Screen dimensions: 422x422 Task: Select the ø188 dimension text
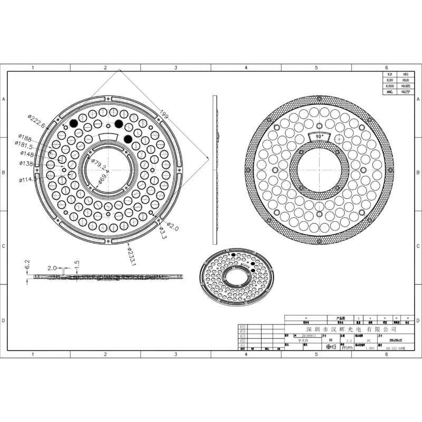[x=26, y=138]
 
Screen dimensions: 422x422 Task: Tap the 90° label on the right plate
[x=319, y=136]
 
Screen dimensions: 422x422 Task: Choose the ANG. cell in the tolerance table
[x=390, y=92]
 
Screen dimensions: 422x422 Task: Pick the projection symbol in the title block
[x=331, y=347]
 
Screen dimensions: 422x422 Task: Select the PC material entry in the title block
[x=368, y=341]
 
